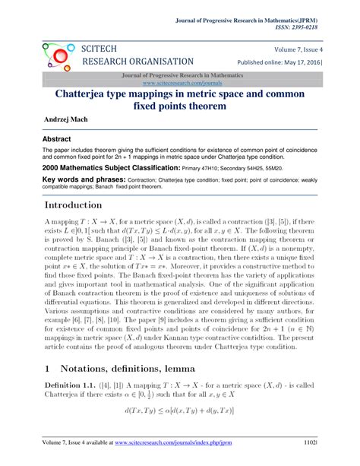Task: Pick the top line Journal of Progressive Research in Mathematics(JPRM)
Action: pos(267,16)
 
